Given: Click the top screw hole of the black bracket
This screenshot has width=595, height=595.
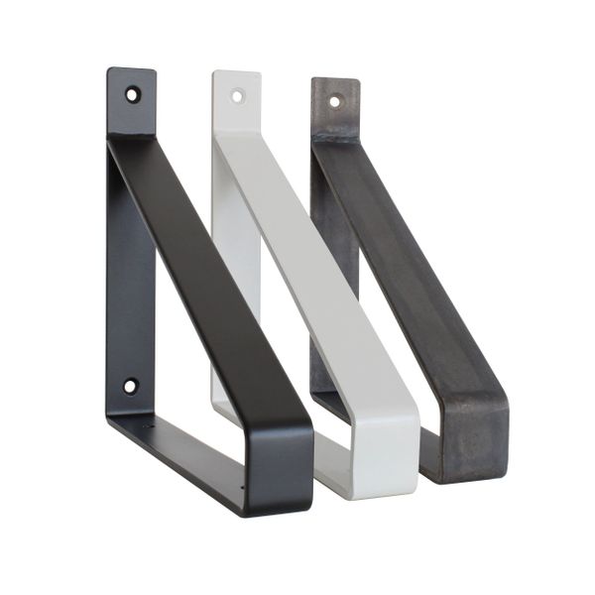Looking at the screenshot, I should pyautogui.click(x=132, y=95).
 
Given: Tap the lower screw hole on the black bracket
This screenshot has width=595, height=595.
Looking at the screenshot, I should pyautogui.click(x=130, y=386).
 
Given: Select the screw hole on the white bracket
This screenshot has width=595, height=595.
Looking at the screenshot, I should pyautogui.click(x=237, y=96).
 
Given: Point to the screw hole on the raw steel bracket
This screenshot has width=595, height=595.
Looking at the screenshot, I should pyautogui.click(x=334, y=101).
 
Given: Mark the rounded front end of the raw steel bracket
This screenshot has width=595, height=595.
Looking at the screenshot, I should pyautogui.click(x=481, y=436).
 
